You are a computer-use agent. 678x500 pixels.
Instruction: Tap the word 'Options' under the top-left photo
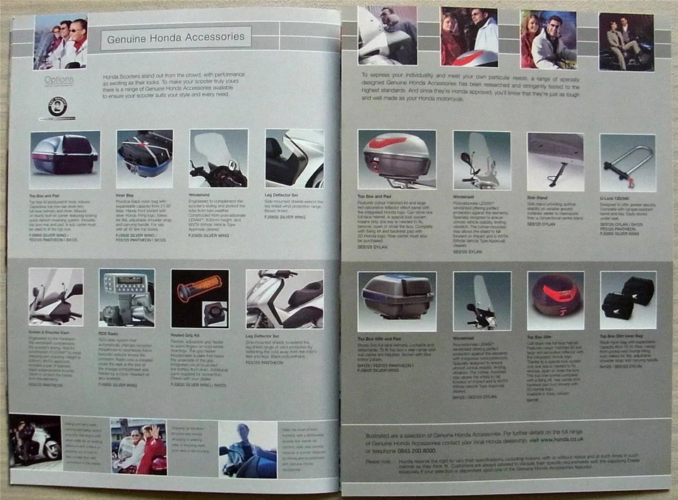(59, 80)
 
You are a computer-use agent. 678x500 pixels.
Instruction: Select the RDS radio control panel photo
(126, 297)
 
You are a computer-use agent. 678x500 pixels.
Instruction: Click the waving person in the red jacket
(153, 448)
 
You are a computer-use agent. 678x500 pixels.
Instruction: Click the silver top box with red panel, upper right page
(396, 156)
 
